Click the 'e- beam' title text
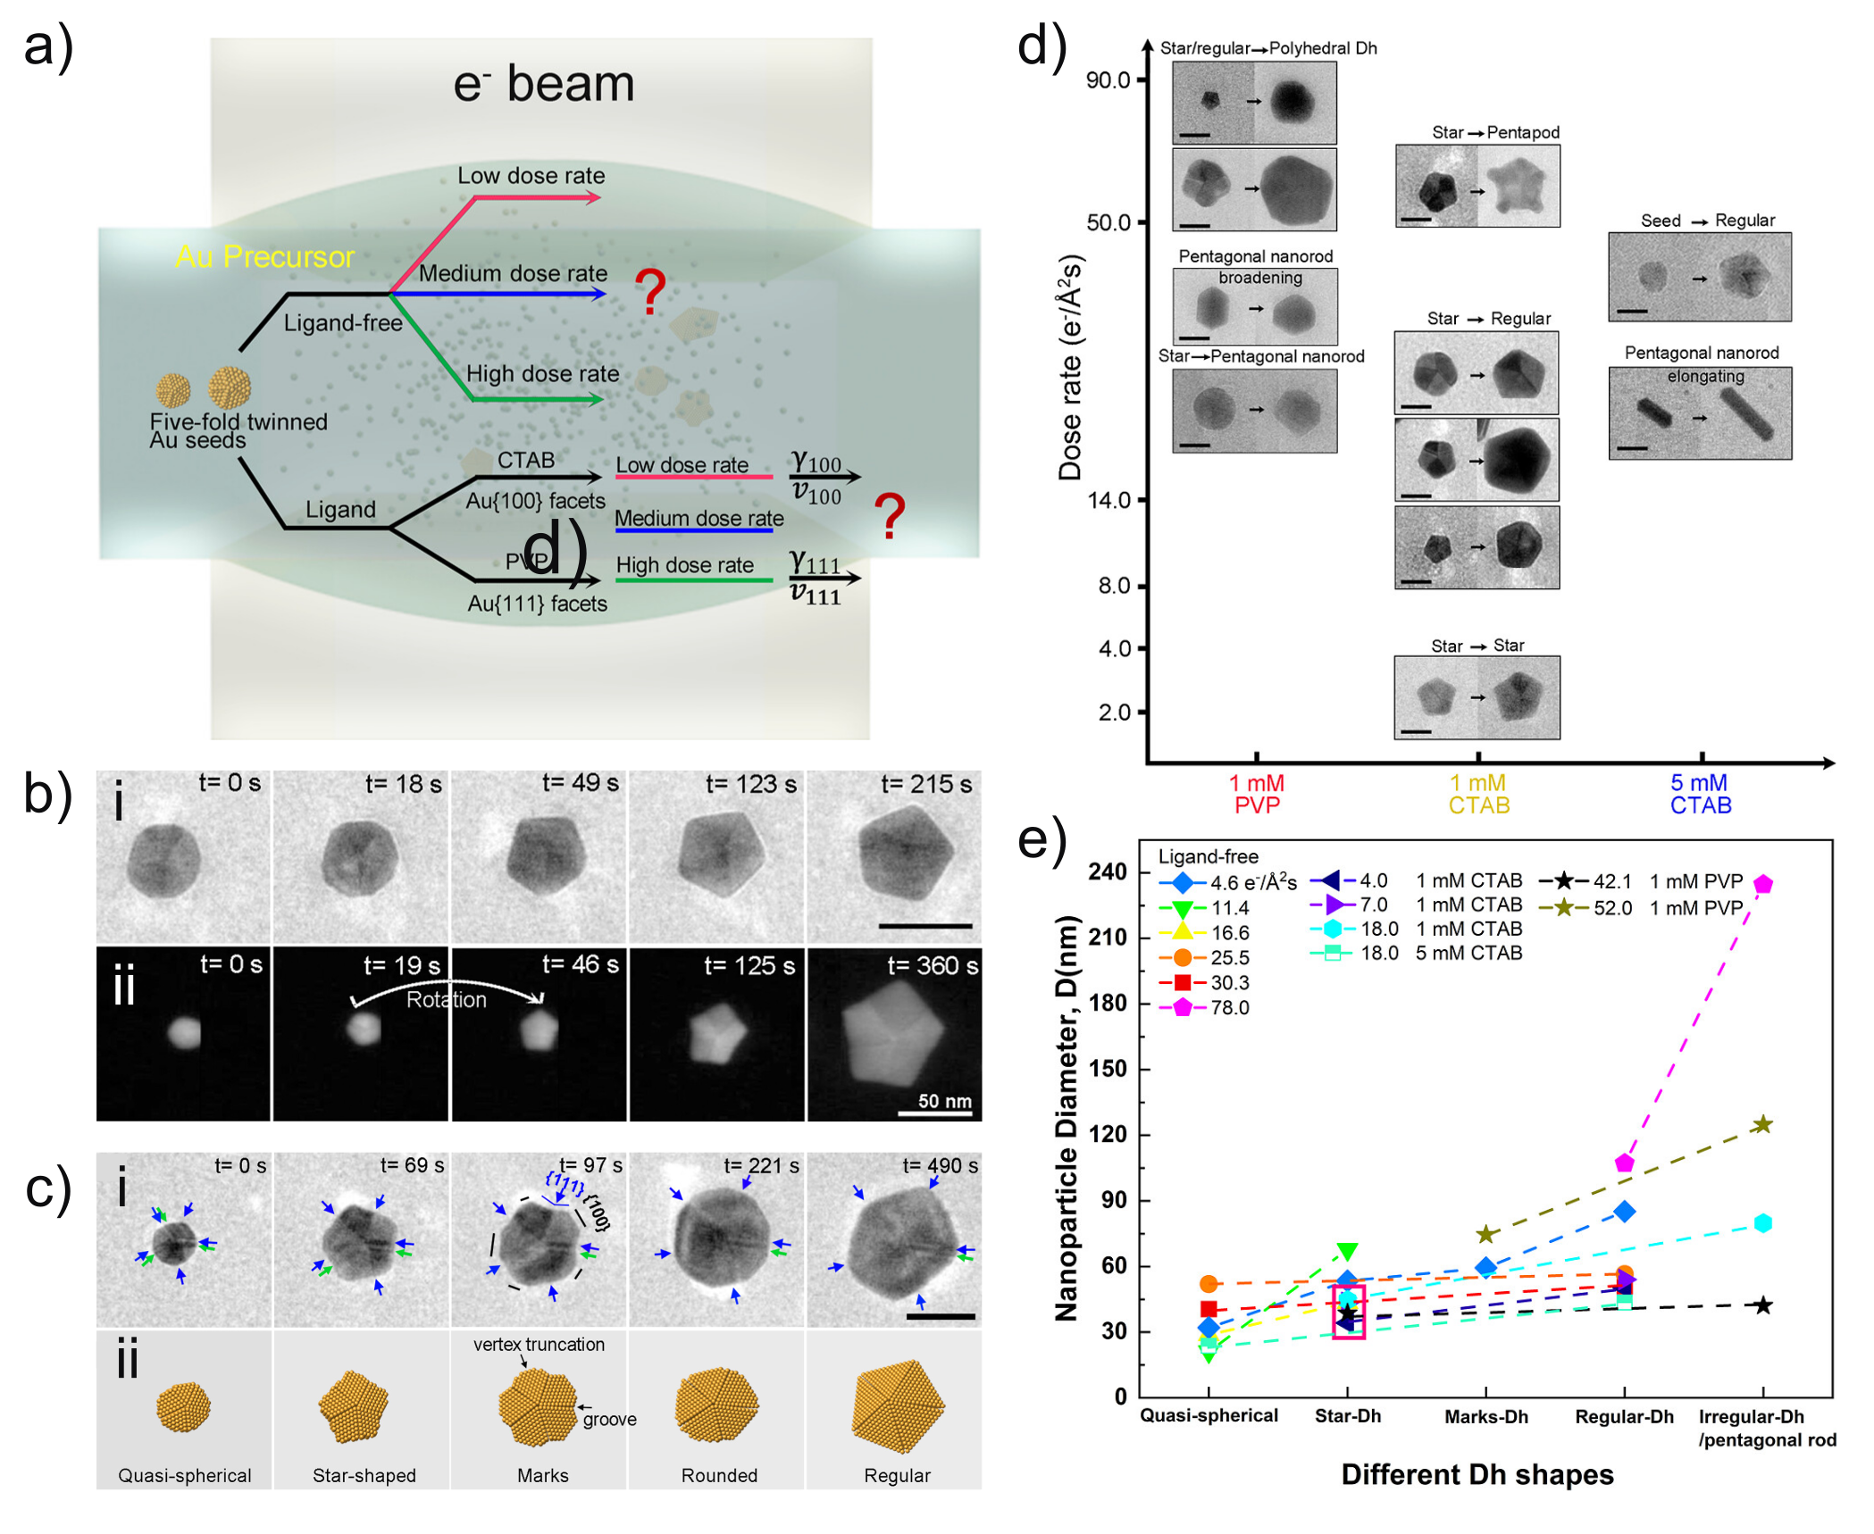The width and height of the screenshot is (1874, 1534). click(x=543, y=85)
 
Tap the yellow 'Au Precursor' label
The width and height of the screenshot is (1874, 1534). click(x=264, y=257)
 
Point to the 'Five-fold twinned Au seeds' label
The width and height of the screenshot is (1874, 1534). click(x=238, y=430)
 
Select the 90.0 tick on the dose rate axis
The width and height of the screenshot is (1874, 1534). click(x=1108, y=80)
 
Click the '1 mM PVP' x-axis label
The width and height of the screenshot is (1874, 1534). click(x=1256, y=794)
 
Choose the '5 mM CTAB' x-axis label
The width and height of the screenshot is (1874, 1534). click(x=1700, y=794)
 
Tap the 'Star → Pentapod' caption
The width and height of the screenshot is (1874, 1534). click(x=1495, y=132)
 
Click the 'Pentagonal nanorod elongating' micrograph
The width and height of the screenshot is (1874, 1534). click(x=1699, y=413)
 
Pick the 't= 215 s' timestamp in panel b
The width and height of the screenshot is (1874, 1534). click(x=927, y=784)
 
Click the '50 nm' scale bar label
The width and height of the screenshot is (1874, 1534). click(x=944, y=1101)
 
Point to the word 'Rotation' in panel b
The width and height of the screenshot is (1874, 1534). click(x=446, y=999)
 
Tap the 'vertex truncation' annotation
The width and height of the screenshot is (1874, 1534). click(x=539, y=1344)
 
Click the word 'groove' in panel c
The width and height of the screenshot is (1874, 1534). click(x=609, y=1419)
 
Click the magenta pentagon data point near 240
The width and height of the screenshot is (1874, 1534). click(x=1762, y=884)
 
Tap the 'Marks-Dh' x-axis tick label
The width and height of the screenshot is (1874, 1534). click(x=1485, y=1416)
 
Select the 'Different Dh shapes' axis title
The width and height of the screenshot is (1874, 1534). click(x=1477, y=1474)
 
